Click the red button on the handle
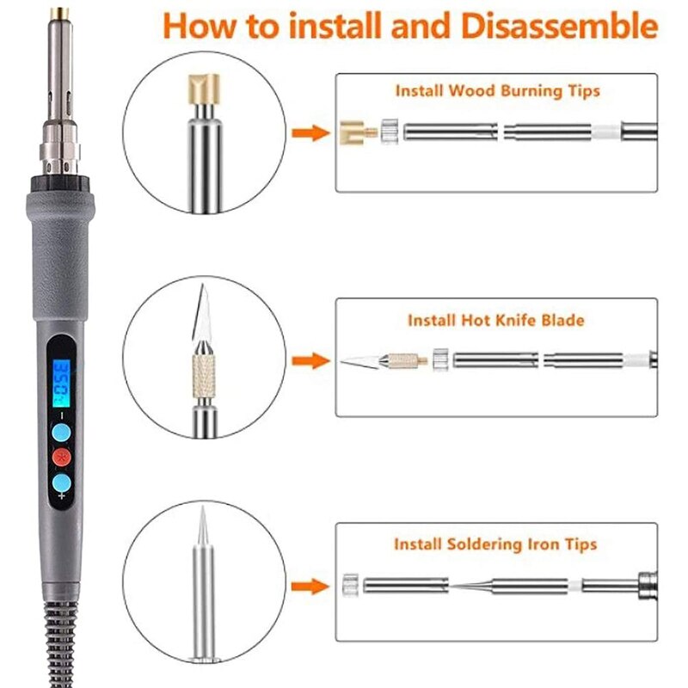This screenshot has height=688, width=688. coord(61,458)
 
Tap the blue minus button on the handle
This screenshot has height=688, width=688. coord(61,433)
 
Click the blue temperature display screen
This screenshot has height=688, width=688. coord(61,383)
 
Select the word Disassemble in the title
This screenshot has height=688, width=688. coord(559,27)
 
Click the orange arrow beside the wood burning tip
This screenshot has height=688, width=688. coord(311,132)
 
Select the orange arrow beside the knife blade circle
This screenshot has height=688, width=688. coord(311,361)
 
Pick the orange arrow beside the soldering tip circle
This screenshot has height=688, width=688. coord(311,587)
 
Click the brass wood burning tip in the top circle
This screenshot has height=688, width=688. coord(204,89)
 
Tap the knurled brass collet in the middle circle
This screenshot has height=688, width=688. coord(204,376)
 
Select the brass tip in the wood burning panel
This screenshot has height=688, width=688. coord(358,132)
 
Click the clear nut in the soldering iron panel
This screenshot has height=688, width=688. coord(351,585)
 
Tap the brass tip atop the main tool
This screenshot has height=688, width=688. coord(59,13)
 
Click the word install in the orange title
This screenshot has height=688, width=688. coord(335,27)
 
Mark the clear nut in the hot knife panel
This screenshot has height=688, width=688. coord(440,360)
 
